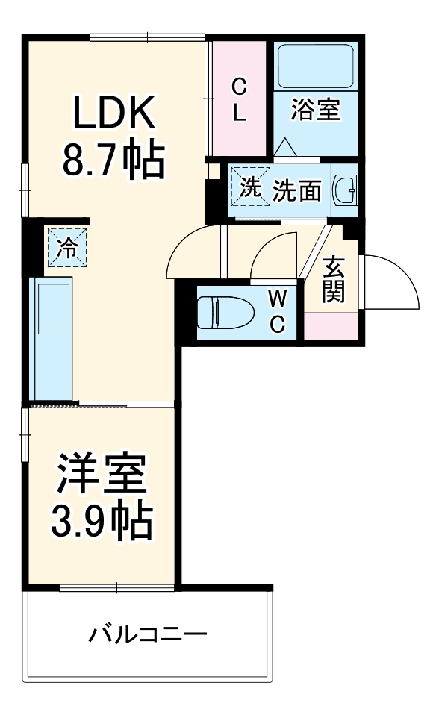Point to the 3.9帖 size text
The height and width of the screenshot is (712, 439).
point(101,522)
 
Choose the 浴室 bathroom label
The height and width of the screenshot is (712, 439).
point(316,110)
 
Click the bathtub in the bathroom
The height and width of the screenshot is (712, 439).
point(315,66)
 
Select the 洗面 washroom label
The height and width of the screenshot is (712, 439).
point(296,192)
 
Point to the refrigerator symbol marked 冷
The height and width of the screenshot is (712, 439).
point(67,246)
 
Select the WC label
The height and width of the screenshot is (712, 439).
point(277,312)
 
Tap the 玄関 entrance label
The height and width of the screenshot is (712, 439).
point(333,279)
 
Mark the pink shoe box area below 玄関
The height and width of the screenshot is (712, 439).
point(333,325)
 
